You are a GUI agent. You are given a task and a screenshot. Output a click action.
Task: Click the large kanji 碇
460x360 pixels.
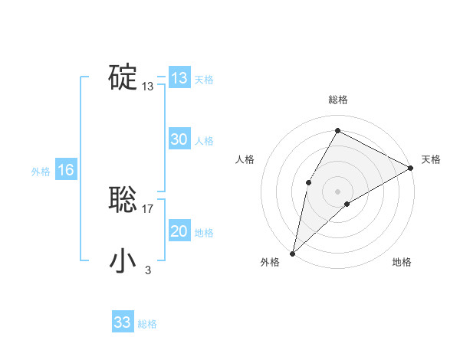click(123, 77)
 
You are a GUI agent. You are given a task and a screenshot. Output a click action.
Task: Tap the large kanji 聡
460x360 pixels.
click(123, 200)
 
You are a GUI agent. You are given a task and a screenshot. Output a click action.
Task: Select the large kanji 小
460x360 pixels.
click(123, 261)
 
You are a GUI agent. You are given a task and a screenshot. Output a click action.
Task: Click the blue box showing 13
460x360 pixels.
click(179, 78)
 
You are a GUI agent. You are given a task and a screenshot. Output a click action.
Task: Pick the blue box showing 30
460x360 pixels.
click(179, 139)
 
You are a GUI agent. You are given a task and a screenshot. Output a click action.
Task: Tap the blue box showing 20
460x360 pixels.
click(179, 231)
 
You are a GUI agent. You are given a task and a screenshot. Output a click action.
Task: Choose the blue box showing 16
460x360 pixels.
click(66, 170)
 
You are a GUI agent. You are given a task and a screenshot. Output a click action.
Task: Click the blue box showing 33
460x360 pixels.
click(123, 322)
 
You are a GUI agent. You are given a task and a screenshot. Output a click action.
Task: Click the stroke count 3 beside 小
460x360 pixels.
click(148, 270)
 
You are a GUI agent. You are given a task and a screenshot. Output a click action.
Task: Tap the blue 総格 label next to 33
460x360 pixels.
click(147, 325)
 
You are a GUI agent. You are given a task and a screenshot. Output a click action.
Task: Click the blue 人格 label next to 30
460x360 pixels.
click(205, 142)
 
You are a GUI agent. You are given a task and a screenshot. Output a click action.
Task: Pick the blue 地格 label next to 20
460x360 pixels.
click(205, 234)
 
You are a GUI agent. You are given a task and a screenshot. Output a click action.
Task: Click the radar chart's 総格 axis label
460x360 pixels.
click(337, 100)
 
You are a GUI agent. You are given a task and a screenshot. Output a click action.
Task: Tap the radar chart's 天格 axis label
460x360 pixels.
click(431, 159)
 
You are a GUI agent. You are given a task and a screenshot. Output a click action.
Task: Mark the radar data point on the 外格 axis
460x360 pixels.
click(292, 253)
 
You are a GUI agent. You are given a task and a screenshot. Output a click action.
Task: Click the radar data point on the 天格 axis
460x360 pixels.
click(410, 168)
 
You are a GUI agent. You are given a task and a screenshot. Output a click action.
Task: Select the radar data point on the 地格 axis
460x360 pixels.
click(347, 204)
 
